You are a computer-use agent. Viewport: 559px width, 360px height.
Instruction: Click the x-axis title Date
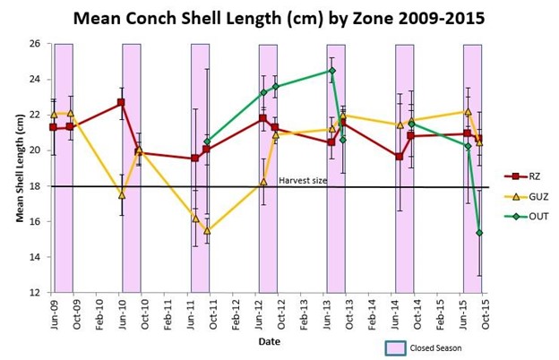click(x=269, y=341)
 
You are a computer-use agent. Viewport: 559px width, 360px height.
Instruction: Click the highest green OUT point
click(x=331, y=71)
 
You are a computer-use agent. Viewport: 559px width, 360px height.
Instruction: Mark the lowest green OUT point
click(x=479, y=233)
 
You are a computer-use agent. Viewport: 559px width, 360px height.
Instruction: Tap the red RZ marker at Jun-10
click(x=122, y=103)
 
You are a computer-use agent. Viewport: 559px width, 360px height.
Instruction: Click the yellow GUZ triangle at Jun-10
click(x=122, y=194)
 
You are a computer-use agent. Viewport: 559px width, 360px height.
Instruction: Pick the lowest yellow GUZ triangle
click(x=207, y=230)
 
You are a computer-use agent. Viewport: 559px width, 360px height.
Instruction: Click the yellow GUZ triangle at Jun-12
click(x=263, y=182)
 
